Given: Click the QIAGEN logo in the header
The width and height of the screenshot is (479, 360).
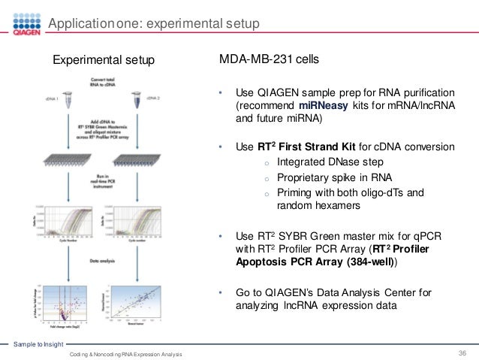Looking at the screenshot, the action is pyautogui.click(x=22, y=25).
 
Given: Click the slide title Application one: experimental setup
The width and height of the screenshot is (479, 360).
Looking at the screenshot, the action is pyautogui.click(x=154, y=24).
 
